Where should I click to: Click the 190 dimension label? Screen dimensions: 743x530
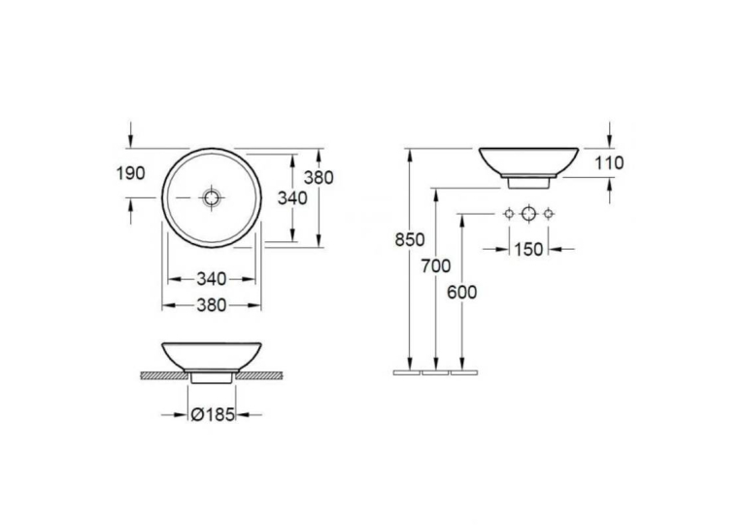[x=131, y=173]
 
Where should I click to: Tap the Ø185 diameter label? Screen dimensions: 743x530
[x=213, y=414]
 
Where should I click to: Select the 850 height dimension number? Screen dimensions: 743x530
[x=410, y=240]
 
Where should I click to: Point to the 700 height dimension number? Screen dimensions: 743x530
[x=436, y=266]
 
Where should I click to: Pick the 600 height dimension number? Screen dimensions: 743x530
[x=462, y=293]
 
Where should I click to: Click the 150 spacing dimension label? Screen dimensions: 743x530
[x=528, y=249]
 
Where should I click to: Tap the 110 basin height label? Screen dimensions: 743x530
[x=609, y=162]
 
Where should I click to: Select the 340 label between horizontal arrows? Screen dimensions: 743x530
[x=212, y=279]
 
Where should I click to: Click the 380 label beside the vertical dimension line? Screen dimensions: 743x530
[x=319, y=177]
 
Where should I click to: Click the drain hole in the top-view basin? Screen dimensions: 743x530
[x=212, y=197]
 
